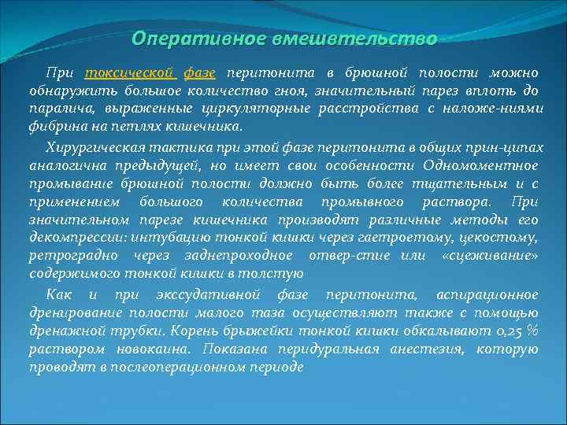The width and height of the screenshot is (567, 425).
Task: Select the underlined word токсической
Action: pos(130,73)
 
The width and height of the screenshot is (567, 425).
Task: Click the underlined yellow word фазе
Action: pos(200,73)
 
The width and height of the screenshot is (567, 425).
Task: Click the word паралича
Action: pos(60,108)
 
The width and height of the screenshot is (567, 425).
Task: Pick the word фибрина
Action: pos(54,125)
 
